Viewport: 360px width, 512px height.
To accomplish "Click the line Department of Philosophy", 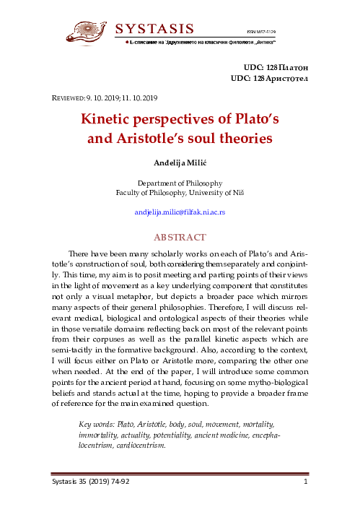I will [180, 183].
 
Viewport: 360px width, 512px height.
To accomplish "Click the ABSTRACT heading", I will [180, 237].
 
